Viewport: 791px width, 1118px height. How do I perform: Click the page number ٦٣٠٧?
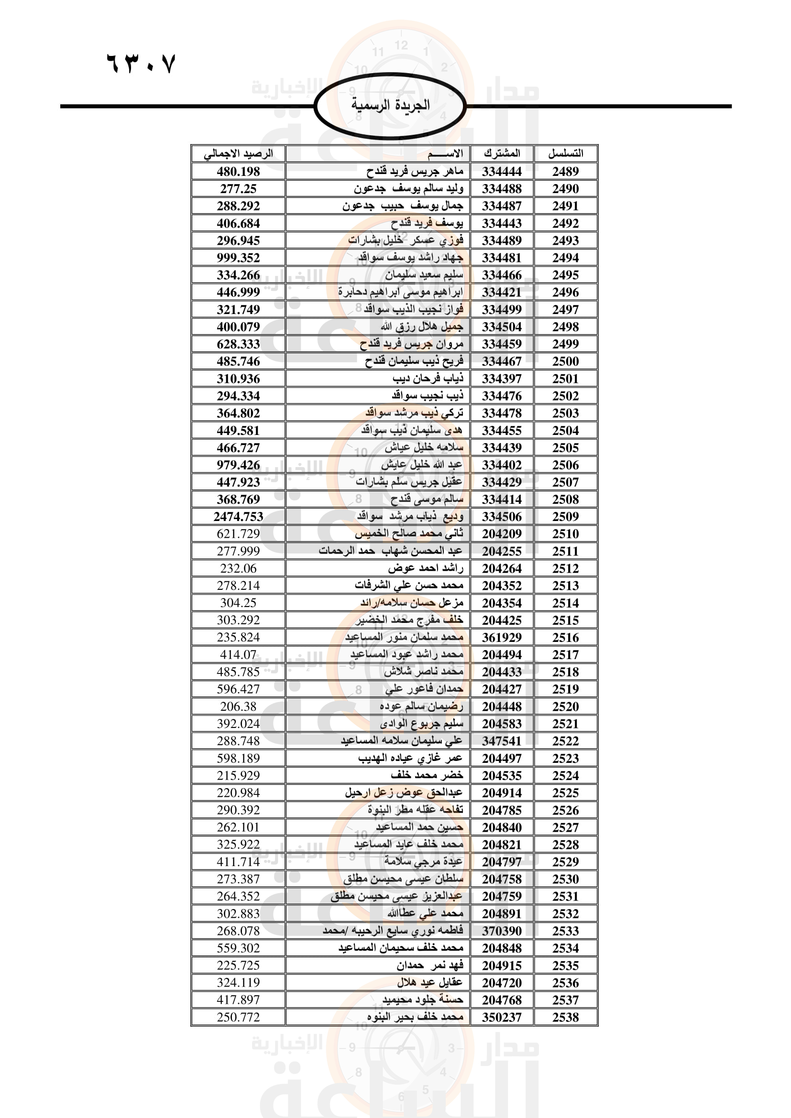[140, 63]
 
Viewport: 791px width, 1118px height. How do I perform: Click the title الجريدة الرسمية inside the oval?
[390, 105]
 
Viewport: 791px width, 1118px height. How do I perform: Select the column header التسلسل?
[565, 153]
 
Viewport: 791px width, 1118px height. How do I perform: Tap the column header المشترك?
[502, 153]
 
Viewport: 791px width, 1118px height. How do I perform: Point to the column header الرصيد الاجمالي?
[238, 153]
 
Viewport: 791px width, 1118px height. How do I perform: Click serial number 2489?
[565, 172]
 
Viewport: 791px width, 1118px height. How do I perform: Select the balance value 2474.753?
[238, 517]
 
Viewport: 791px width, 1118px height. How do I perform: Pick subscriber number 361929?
[502, 638]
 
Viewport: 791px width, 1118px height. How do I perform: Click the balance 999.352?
[238, 258]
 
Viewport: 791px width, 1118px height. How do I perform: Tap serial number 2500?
[565, 361]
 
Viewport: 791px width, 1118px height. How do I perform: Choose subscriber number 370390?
[502, 931]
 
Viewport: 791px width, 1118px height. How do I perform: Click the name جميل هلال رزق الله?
[422, 327]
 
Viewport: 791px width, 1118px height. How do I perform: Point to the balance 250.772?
[238, 1017]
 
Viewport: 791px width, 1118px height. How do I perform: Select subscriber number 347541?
[502, 741]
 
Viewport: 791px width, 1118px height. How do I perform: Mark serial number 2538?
[565, 1017]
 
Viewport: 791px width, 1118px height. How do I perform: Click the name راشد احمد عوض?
[425, 568]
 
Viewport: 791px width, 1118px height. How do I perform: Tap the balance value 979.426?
[238, 465]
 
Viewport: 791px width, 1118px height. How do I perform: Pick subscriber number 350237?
[502, 1017]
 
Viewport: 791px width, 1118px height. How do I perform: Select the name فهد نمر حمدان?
[429, 965]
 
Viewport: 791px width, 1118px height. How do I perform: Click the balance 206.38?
[238, 706]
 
